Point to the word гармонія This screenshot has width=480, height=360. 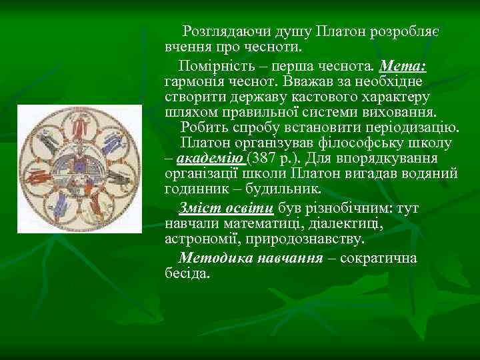pyautogui.click(x=195, y=81)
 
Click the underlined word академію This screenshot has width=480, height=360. pyautogui.click(x=210, y=158)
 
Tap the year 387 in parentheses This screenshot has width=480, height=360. pyautogui.click(x=265, y=158)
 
